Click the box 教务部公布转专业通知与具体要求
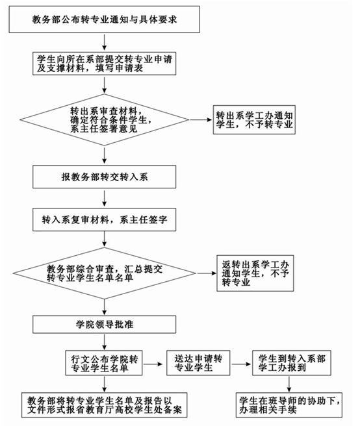click(x=105, y=19)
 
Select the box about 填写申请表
click(x=105, y=64)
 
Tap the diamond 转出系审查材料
click(x=105, y=119)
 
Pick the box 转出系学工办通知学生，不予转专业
click(x=254, y=119)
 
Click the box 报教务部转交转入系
click(x=105, y=177)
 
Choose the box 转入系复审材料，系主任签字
click(x=105, y=219)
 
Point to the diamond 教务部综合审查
click(x=105, y=273)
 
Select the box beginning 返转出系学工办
click(x=255, y=273)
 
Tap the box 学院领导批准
click(x=105, y=325)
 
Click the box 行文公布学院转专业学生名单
click(x=104, y=363)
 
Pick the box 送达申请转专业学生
click(x=198, y=363)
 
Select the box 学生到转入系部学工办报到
click(x=292, y=363)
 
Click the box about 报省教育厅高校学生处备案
click(x=105, y=405)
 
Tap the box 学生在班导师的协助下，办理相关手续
click(x=289, y=405)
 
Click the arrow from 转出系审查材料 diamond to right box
click(x=201, y=119)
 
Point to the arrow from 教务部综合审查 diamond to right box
click(x=207, y=273)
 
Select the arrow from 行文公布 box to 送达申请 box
click(x=155, y=364)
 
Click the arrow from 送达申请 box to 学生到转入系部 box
click(x=241, y=364)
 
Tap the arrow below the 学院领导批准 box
click(x=105, y=342)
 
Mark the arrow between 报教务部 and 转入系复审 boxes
click(x=105, y=198)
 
